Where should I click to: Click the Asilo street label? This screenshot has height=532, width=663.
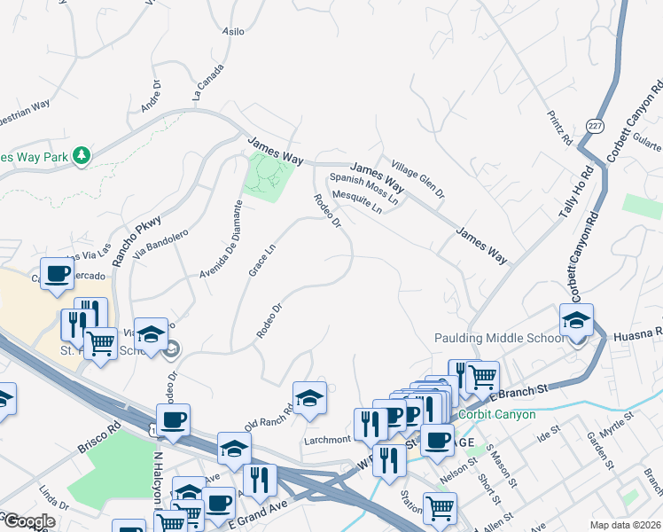click(232, 31)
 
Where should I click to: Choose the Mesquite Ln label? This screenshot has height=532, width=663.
click(355, 202)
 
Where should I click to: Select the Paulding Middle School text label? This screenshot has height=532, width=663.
click(499, 338)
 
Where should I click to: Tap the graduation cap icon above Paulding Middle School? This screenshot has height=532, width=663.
click(577, 320)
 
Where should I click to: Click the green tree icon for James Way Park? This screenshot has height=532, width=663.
click(82, 156)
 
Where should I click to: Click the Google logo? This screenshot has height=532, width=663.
click(28, 521)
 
